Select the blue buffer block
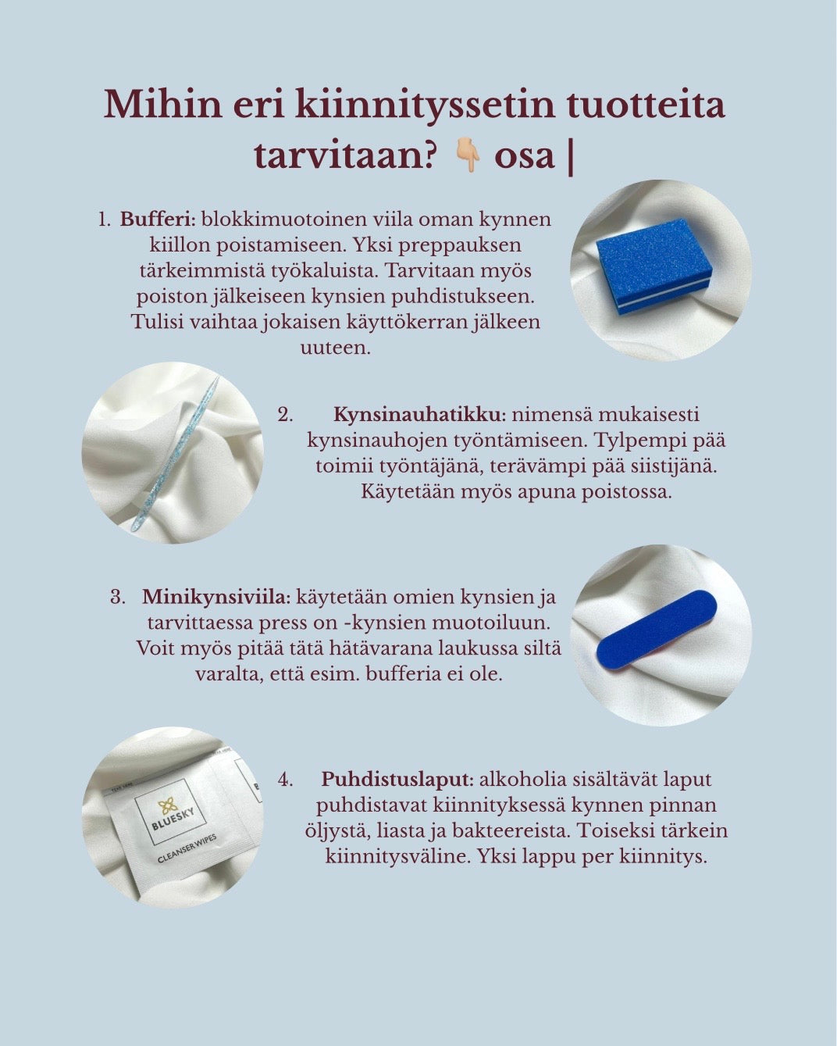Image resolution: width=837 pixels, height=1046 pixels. (x=654, y=273)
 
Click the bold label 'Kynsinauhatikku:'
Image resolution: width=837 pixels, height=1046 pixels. (x=420, y=414)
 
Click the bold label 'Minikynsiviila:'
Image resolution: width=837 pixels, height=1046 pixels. (x=216, y=598)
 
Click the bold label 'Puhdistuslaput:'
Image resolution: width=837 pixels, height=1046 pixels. (x=397, y=779)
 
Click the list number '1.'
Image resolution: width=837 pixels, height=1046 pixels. (x=105, y=220)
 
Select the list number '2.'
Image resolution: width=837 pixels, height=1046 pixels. (x=285, y=414)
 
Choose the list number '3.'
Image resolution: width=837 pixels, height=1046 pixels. (x=118, y=598)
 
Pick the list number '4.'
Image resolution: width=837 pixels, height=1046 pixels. (x=285, y=779)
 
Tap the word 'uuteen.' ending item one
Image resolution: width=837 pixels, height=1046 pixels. (x=335, y=348)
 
